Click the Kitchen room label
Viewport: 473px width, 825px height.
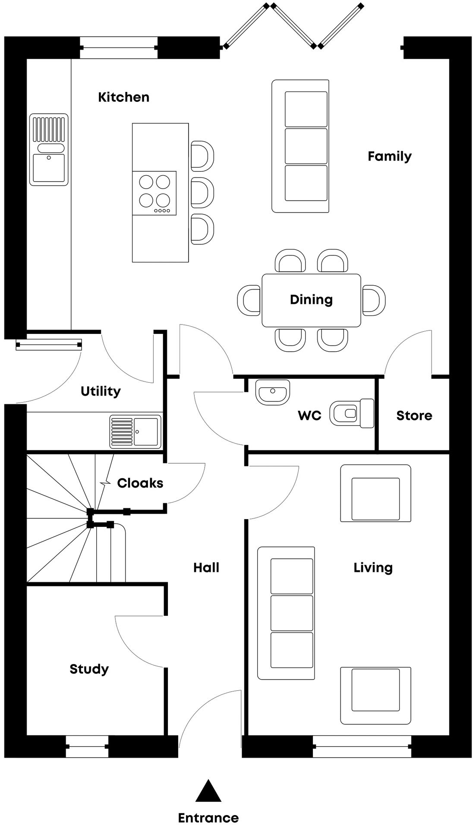[x=123, y=97]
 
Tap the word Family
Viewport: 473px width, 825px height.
[x=389, y=156]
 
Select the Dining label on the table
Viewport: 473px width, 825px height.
[x=311, y=299]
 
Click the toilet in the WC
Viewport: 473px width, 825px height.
[x=352, y=413]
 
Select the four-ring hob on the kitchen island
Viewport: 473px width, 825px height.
[x=155, y=193]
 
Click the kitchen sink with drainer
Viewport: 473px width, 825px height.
[x=49, y=149]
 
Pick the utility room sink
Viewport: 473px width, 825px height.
[x=135, y=431]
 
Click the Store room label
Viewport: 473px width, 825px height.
[x=414, y=416]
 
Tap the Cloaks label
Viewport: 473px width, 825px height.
[x=140, y=483]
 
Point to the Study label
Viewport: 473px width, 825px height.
[x=89, y=669]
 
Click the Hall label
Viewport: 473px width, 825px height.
[x=206, y=567]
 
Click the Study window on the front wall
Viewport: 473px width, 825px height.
[x=87, y=746]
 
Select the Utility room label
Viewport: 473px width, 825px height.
[x=101, y=391]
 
